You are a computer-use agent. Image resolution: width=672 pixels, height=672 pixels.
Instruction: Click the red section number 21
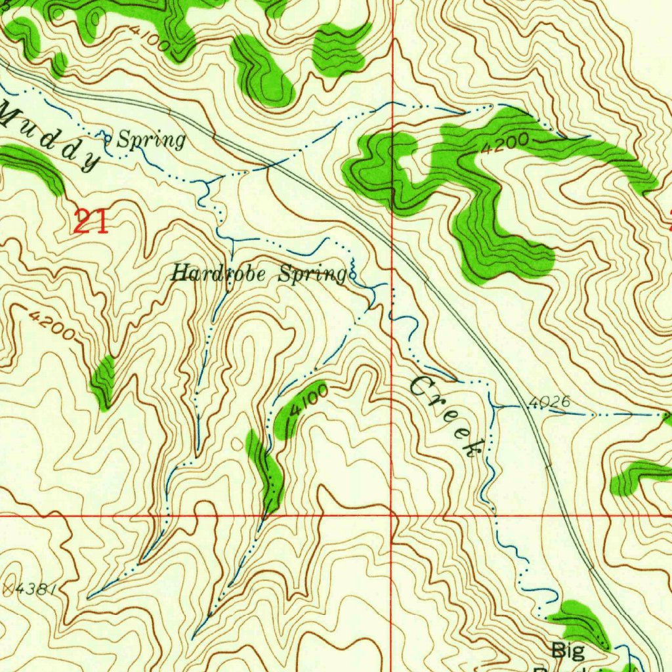coord(91,221)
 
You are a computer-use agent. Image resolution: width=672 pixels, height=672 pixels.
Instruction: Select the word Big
coord(568,650)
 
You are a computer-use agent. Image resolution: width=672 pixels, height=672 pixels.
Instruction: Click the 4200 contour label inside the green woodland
coord(504,144)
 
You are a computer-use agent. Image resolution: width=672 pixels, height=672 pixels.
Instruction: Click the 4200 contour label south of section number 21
coord(52,324)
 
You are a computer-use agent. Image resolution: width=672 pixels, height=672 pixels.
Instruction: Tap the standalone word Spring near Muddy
coord(151,140)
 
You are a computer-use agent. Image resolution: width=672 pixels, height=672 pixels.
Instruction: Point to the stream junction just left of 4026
coord(493,407)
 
